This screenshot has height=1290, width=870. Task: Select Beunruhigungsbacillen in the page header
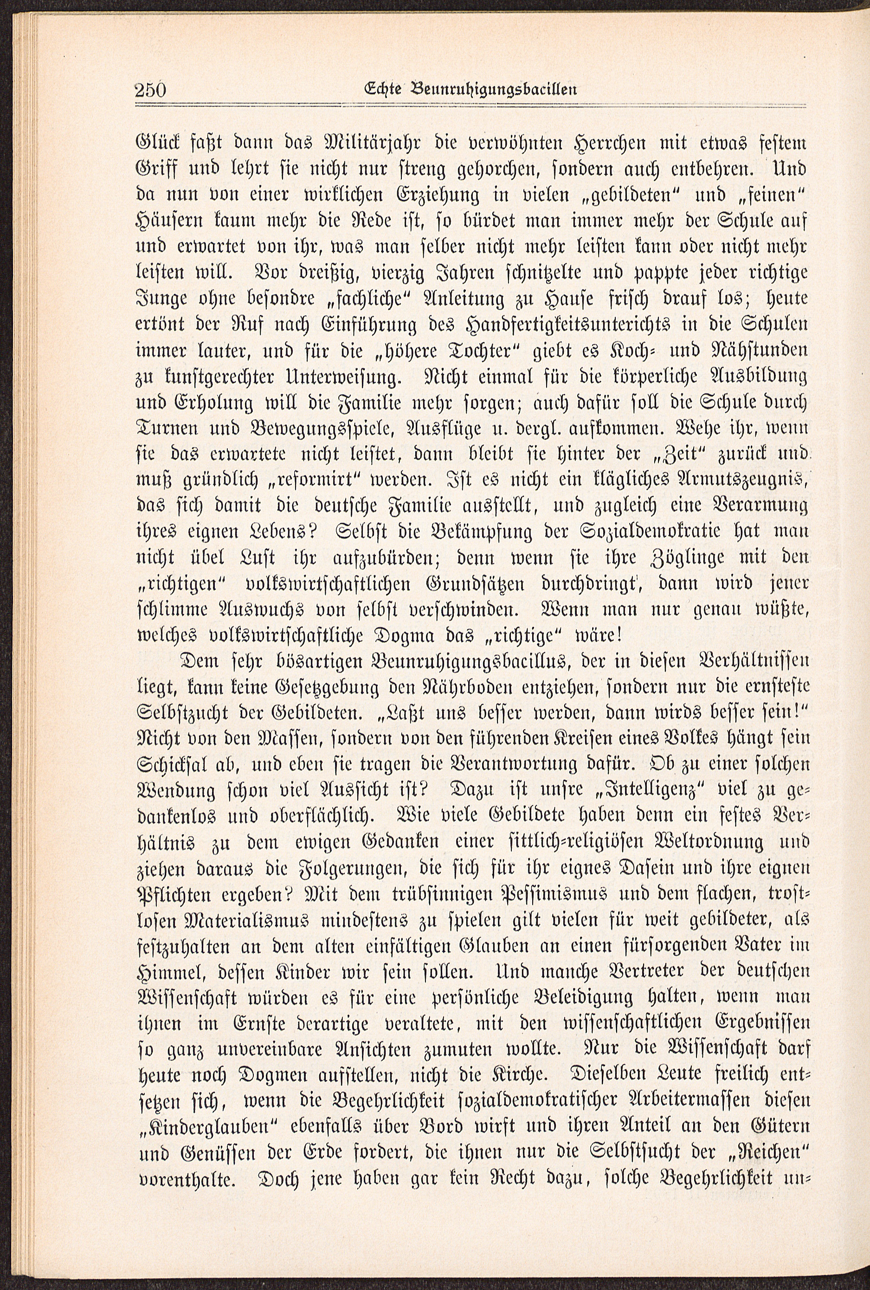click(x=493, y=89)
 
